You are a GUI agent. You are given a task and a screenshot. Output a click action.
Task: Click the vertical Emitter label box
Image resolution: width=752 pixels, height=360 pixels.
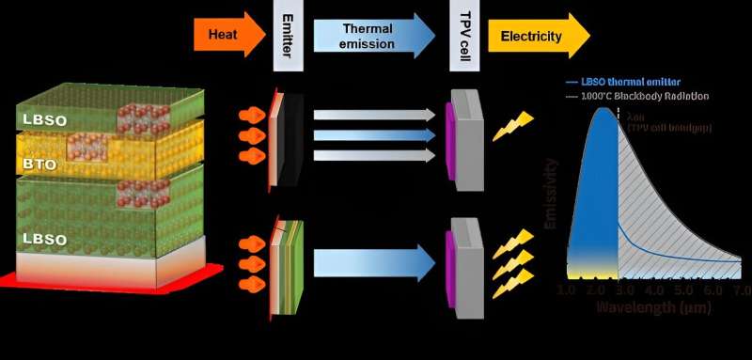click(x=286, y=37)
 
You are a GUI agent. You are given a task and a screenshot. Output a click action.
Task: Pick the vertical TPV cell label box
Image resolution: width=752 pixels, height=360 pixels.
click(x=461, y=37)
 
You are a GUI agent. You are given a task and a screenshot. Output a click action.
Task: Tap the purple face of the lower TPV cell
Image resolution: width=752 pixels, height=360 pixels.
click(x=451, y=257)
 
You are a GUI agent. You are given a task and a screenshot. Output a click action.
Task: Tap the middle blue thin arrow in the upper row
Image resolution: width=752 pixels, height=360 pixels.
click(x=375, y=134)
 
